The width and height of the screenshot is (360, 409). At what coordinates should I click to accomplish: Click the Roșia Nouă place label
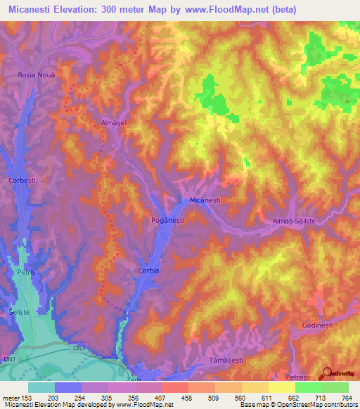click(x=36, y=74)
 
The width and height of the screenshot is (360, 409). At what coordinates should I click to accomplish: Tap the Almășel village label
click(x=113, y=122)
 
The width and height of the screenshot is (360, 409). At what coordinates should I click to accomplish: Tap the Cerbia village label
click(x=148, y=271)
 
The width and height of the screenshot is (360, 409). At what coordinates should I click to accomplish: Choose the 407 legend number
click(x=160, y=397)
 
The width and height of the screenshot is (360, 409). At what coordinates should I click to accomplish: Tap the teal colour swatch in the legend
click(x=41, y=387)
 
